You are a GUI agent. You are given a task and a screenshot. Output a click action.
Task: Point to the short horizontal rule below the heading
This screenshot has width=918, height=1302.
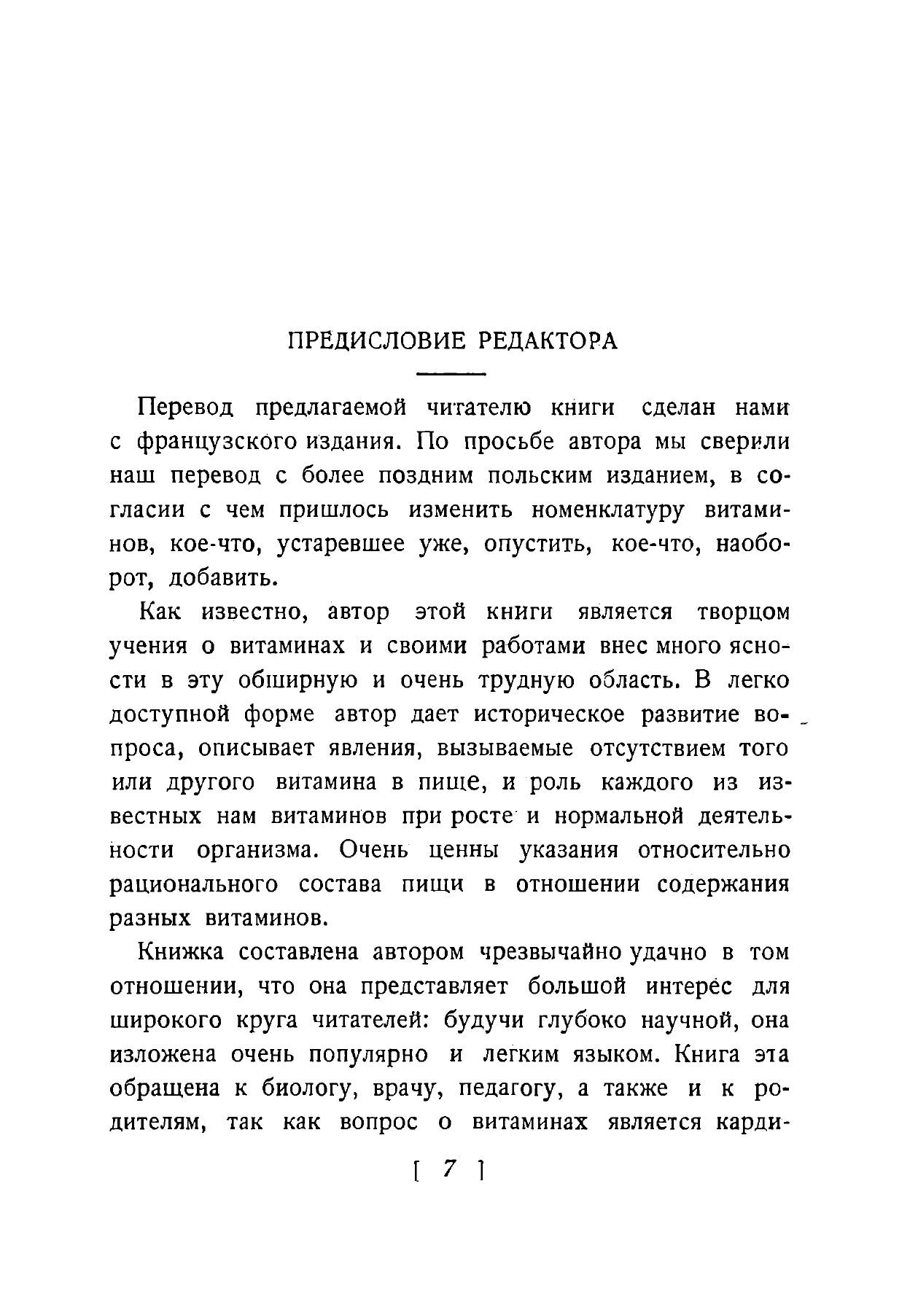pyautogui.click(x=451, y=375)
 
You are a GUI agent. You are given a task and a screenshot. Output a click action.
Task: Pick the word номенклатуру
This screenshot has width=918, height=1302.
pyautogui.click(x=608, y=510)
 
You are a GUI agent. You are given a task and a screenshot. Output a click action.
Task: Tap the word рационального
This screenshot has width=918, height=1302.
pyautogui.click(x=194, y=884)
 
